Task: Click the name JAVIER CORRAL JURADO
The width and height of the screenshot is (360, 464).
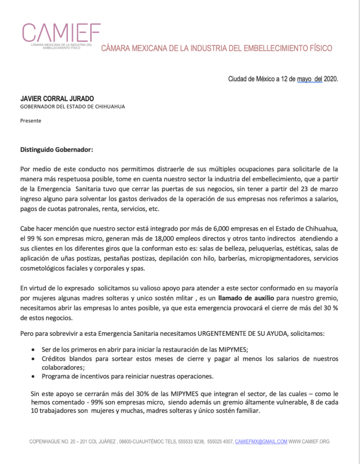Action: (57, 98)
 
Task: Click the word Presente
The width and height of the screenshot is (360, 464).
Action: (31, 121)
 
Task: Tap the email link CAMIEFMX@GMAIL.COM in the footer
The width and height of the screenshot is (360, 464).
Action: (261, 442)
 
